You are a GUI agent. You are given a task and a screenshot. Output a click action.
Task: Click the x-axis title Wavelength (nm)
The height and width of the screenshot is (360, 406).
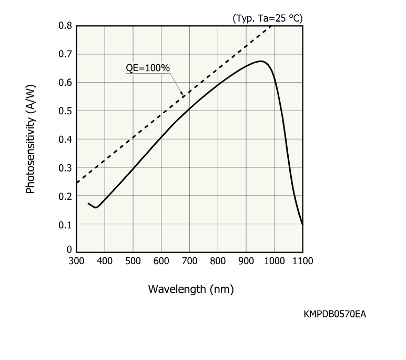click(190, 289)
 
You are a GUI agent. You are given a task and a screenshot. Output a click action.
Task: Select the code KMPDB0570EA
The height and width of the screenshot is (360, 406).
click(334, 314)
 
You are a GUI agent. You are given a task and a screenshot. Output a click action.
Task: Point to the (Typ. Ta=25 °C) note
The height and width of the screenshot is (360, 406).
click(267, 18)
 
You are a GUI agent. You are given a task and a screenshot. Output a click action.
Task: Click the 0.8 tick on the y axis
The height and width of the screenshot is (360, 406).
click(66, 25)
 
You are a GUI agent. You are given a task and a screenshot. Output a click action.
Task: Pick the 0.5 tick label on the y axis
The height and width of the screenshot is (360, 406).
click(66, 111)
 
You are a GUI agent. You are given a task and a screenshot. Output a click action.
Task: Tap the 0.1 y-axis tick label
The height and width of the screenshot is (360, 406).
click(66, 224)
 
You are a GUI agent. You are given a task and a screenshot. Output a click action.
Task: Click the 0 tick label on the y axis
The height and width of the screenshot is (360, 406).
click(69, 249)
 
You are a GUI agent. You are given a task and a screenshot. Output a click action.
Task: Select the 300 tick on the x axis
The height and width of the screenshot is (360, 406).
click(76, 261)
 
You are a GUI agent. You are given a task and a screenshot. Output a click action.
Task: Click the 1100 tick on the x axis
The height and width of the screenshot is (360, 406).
click(302, 261)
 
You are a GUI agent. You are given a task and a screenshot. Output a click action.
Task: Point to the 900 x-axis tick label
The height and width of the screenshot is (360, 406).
click(246, 261)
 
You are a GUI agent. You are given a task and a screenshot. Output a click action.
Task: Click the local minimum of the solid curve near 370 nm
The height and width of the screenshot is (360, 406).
click(96, 207)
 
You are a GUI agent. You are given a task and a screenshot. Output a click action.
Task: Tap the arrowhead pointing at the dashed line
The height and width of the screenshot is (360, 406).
click(182, 95)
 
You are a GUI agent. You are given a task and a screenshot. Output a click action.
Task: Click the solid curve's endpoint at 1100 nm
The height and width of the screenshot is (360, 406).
click(302, 224)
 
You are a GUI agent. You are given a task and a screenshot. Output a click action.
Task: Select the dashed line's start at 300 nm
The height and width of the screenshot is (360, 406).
click(77, 183)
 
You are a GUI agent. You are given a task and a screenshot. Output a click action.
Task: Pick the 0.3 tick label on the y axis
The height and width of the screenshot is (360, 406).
click(66, 167)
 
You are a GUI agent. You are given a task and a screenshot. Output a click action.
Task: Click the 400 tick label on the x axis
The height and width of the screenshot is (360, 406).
click(105, 261)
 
